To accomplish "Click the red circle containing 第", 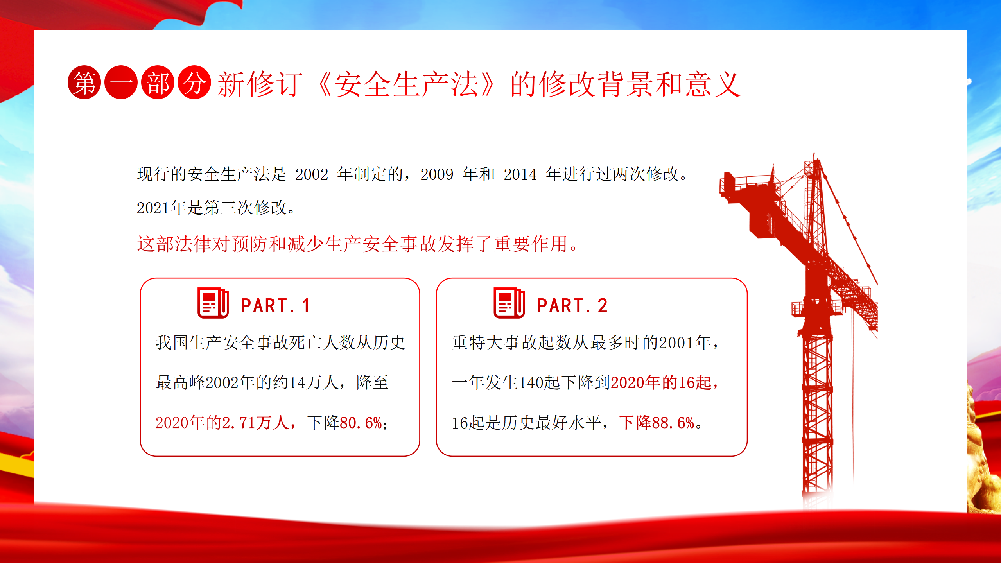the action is (84, 82).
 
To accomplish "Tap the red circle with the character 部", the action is (158, 82).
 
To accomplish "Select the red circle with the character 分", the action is (194, 82).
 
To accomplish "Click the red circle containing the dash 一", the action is (121, 82).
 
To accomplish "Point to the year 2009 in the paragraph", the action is (437, 174).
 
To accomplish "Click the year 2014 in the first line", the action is (520, 174).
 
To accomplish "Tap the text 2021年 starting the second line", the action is (161, 208).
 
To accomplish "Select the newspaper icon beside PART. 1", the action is (213, 303).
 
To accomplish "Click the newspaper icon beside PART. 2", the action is (509, 303).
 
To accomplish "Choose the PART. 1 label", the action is (275, 306).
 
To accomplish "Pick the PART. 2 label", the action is (572, 306).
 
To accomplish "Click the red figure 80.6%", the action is (361, 423).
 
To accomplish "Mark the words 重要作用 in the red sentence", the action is (531, 244).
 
